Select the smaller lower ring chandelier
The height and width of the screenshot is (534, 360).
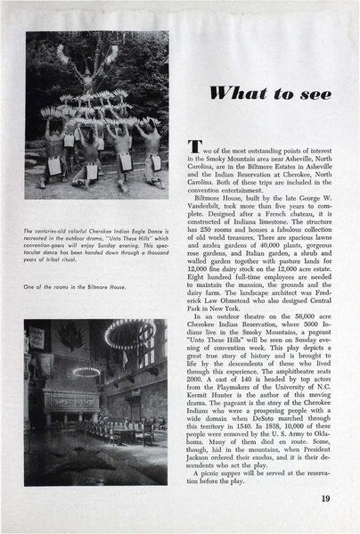86,372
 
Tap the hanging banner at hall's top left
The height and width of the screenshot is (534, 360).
37,339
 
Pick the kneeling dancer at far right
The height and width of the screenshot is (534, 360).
152,160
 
